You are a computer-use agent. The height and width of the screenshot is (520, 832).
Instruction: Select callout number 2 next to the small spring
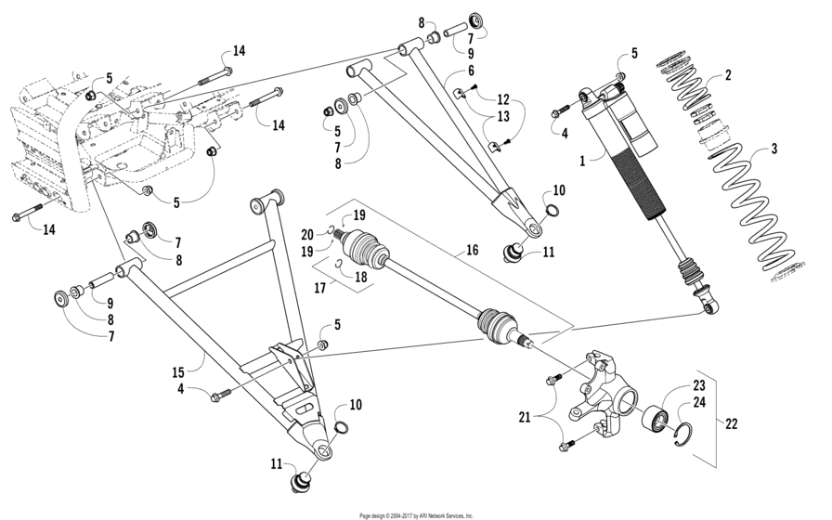728,75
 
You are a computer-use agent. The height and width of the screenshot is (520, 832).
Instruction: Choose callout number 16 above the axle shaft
472,251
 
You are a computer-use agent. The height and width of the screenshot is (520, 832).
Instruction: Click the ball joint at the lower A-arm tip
300,482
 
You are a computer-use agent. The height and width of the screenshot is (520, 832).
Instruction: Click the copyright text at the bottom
416,514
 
